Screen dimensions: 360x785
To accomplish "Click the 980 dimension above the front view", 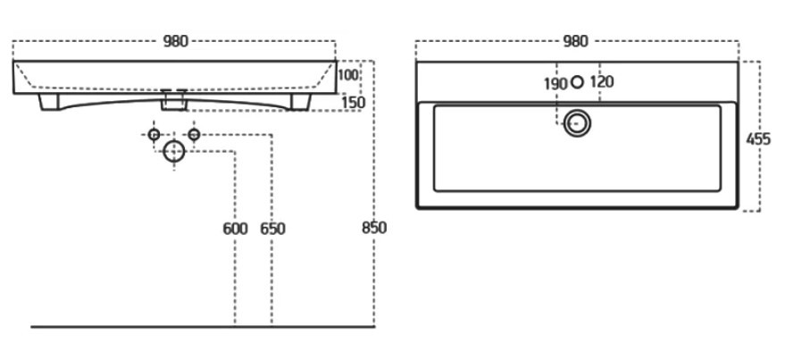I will [x=175, y=41].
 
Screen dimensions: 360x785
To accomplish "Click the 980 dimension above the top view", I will [x=576, y=41].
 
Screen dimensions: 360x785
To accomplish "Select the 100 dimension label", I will [x=348, y=75].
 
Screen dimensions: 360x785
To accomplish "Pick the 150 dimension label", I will [x=354, y=103].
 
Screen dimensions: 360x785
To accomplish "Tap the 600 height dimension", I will [x=235, y=229].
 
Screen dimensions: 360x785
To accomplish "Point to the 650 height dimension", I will [x=272, y=229].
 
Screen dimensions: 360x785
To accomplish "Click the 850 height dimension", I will [x=374, y=228].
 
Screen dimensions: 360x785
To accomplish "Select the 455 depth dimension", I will [x=759, y=138].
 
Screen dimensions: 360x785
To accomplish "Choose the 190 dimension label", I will [x=555, y=83].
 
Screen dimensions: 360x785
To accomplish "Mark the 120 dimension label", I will [x=602, y=82].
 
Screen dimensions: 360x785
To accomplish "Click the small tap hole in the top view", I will [x=577, y=82].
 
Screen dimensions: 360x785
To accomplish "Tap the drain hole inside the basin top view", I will [x=578, y=122].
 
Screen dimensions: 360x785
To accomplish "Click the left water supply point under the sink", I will [x=154, y=135].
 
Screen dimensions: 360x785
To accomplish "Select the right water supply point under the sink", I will [x=193, y=135].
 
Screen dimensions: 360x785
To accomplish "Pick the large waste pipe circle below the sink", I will [x=173, y=153].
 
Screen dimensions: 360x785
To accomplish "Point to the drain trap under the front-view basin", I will [x=173, y=102].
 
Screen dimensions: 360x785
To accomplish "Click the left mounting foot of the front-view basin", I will [x=50, y=104].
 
